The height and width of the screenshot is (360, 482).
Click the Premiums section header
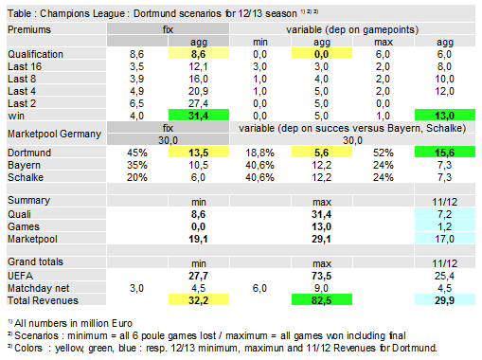click(x=29, y=30)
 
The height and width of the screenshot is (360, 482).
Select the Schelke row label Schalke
click(x=26, y=176)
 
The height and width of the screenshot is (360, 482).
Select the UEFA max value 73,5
click(x=321, y=275)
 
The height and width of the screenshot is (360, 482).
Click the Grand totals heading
click(x=36, y=261)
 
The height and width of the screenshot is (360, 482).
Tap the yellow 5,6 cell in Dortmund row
click(x=321, y=152)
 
